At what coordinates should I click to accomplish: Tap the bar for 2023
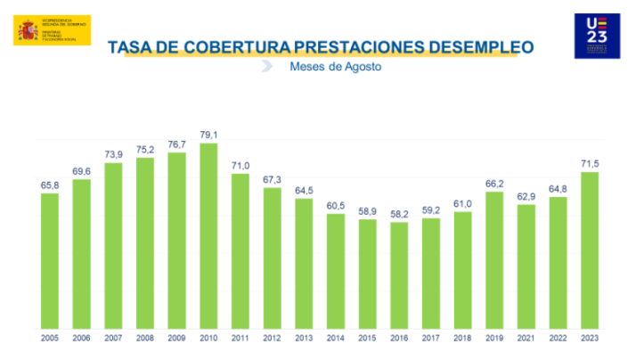pos(590,249)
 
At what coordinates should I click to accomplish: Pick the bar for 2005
pos(50,259)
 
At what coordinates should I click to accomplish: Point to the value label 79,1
pos(208,135)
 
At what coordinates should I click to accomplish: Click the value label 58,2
pos(399,214)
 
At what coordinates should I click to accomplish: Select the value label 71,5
pos(589,164)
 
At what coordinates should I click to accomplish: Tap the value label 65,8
pos(50,184)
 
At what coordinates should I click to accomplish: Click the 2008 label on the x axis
pos(145,337)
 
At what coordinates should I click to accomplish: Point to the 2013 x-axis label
pos(305,337)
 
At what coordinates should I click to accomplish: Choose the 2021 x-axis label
pos(526,337)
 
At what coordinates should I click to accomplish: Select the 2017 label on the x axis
pos(431,337)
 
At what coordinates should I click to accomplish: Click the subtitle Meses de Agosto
pos(329,68)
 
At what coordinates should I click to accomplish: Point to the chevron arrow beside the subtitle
pos(266,68)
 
